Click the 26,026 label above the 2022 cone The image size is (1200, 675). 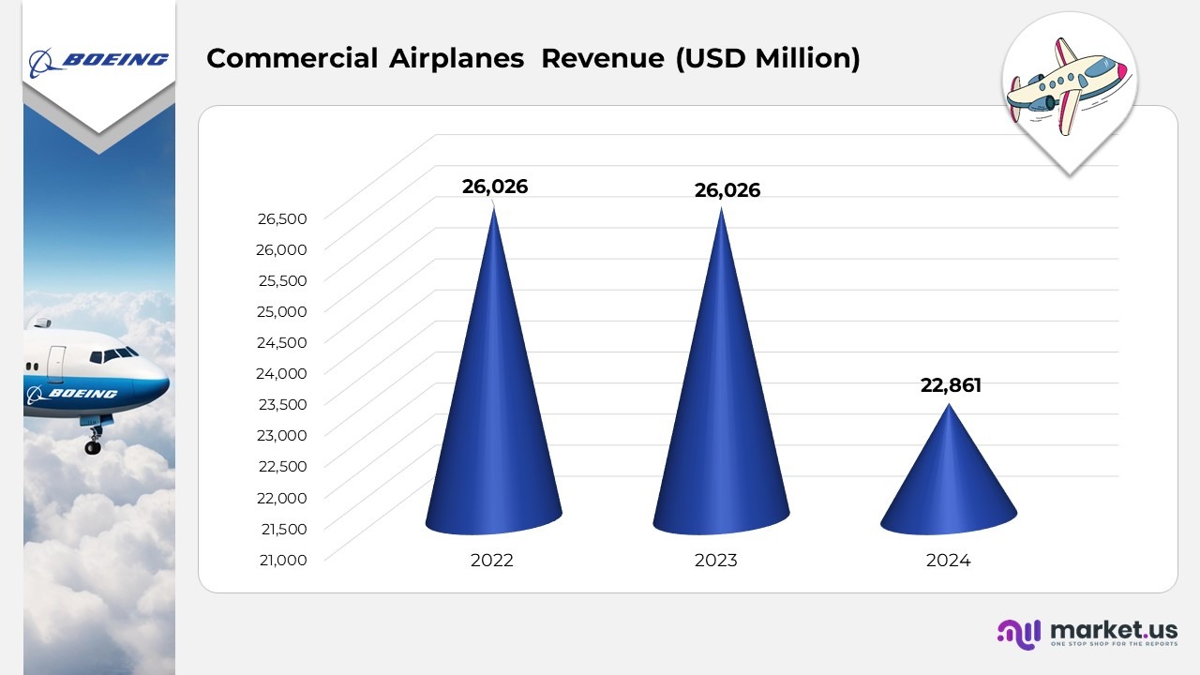(495, 187)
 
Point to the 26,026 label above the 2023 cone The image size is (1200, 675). (727, 190)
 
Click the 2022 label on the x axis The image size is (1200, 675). (492, 561)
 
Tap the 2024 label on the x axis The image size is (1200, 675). (948, 561)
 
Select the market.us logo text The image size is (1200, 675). (1114, 629)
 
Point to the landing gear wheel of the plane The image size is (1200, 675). (93, 447)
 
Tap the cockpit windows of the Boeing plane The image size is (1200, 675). (117, 355)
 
